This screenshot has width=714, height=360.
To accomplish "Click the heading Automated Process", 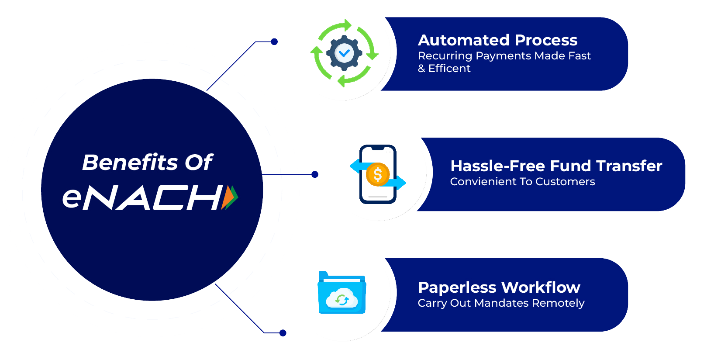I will coord(497,40).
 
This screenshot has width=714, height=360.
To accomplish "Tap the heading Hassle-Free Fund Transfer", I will coord(556,166).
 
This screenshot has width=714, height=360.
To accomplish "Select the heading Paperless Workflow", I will coord(499,287).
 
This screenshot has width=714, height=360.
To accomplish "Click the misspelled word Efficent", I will coord(449,69).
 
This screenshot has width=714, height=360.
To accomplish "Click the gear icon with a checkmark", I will coord(345,53).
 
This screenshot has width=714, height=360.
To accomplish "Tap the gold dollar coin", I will coord(377,175).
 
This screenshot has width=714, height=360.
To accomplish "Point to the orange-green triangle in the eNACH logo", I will coord(230,197).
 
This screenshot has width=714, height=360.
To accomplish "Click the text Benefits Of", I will coord(147,163).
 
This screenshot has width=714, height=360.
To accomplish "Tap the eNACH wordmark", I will coord(144,197).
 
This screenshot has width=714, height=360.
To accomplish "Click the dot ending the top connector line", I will coord(274,42).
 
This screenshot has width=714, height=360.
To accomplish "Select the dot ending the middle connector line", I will coord(315,175).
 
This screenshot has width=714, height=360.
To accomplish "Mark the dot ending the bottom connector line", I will coord(283,333).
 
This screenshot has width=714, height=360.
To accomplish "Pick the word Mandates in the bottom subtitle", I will coord(501,303).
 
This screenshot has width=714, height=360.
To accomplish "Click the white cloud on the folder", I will coord(342,299).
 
